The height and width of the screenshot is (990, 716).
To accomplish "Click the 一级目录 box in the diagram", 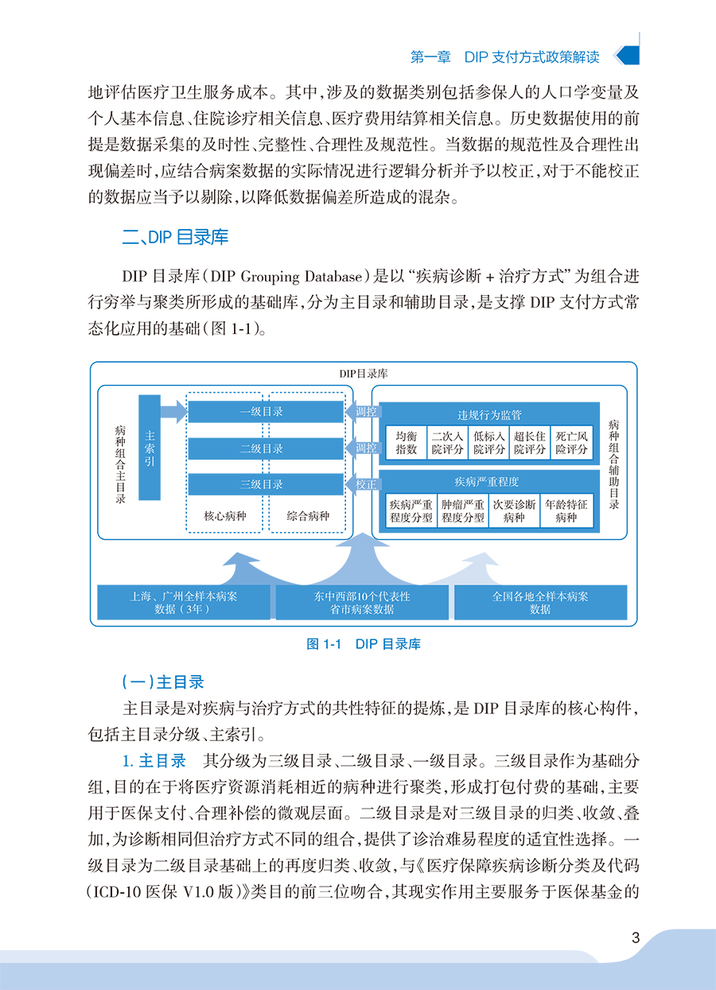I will (263, 412).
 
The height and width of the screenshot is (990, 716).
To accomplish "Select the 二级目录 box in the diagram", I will (263, 448).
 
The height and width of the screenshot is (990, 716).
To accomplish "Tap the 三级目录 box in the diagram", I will (263, 484).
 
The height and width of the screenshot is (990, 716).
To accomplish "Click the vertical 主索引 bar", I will (150, 447).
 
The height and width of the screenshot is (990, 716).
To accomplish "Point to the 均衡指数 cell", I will (407, 442).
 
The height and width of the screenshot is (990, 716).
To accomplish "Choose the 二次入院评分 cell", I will (447, 442).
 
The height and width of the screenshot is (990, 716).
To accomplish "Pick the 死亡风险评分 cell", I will (572, 442).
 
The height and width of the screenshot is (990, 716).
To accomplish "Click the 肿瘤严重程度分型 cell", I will (463, 511).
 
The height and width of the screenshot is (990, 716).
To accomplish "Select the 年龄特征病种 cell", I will (566, 511).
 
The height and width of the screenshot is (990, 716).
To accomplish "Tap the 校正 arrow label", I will (366, 483).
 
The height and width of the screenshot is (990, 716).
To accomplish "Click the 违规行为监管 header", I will (489, 414).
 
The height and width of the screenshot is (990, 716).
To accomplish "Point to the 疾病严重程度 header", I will (489, 482).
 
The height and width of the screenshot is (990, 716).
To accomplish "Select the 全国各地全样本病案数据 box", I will (540, 602).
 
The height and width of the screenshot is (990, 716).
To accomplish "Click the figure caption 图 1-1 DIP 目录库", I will (364, 644).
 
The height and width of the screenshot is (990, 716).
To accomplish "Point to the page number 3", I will (635, 938).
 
